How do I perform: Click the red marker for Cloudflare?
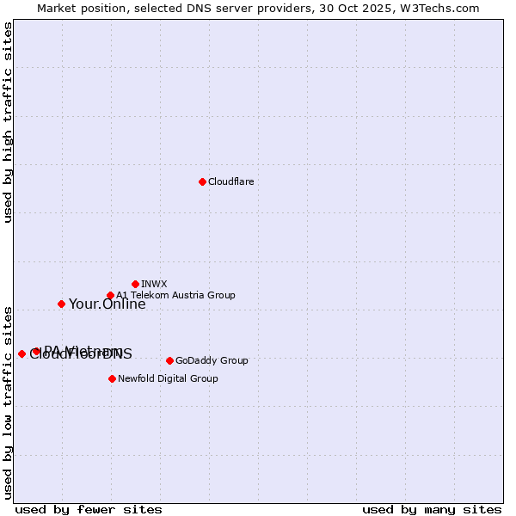pos(202,181)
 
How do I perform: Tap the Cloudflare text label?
pos(230,182)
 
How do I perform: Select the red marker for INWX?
pos(135,284)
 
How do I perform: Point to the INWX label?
pos(154,284)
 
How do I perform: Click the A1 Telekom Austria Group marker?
pos(110,296)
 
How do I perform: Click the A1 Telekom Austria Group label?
pos(175,295)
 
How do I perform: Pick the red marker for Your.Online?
pos(61,304)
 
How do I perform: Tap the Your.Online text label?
pos(107,304)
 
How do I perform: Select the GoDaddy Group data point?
pos(169,360)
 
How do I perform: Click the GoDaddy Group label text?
pos(211,361)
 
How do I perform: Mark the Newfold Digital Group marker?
pos(112,378)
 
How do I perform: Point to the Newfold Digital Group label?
pos(168,378)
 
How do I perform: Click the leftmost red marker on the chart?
pos(21,353)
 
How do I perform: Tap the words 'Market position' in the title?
pos(77,8)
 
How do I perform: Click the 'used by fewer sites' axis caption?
pos(89,509)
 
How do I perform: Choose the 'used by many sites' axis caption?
pos(432,509)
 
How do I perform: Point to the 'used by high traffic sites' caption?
pos(8,122)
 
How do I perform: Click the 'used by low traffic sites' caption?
pos(8,402)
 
